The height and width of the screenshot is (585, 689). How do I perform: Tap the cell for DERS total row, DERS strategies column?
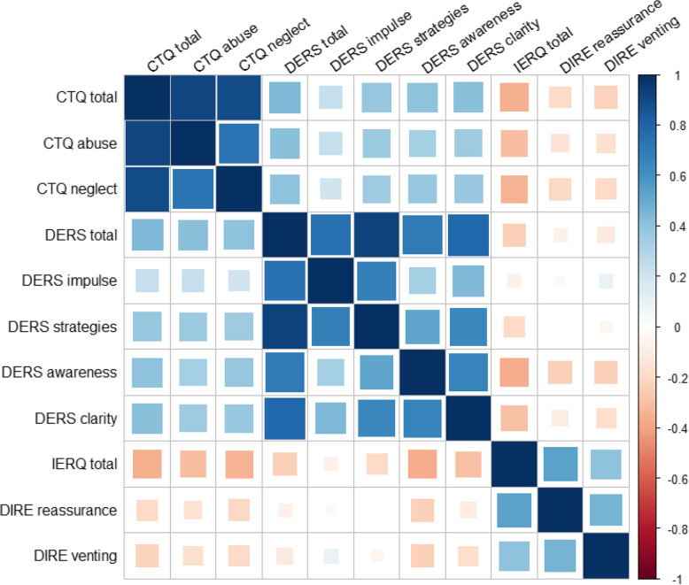tap(376, 235)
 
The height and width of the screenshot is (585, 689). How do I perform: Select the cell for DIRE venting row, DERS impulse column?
tap(330, 557)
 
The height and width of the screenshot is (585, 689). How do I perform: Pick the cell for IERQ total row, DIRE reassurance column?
tap(561, 465)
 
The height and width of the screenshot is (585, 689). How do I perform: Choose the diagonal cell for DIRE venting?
tap(607, 557)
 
